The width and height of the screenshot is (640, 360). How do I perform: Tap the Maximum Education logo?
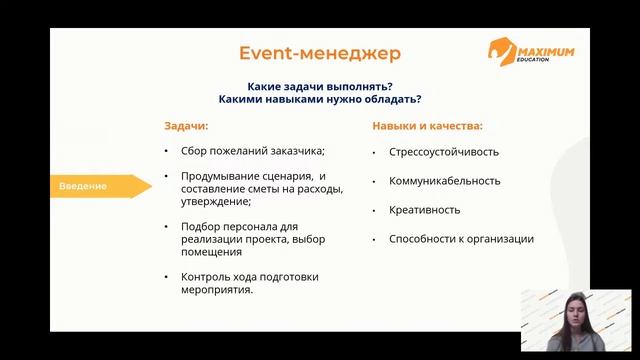click(x=532, y=52)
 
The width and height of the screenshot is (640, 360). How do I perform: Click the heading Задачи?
click(x=187, y=127)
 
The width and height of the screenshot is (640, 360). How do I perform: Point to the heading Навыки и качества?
click(x=427, y=127)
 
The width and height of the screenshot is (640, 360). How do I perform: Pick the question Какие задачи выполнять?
click(x=319, y=85)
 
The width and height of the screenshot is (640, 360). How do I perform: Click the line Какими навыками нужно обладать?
click(x=319, y=99)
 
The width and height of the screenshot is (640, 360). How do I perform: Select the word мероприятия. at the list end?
click(x=217, y=290)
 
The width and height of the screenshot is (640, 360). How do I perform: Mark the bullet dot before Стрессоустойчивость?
click(x=374, y=153)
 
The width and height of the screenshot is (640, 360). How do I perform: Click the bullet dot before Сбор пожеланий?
click(x=167, y=152)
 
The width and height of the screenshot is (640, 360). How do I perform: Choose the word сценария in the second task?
click(x=269, y=176)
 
